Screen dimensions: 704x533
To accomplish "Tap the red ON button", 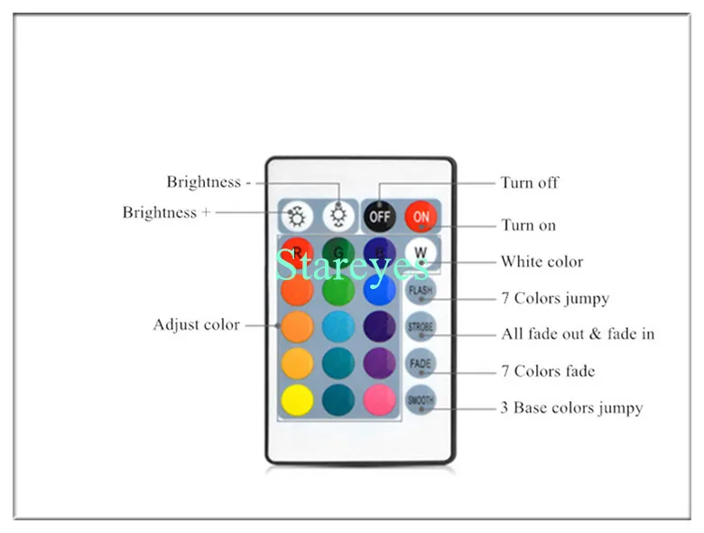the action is [421, 217].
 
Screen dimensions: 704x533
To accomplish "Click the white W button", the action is [421, 252].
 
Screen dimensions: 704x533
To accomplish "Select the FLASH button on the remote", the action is [421, 290].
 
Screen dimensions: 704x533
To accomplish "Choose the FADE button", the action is [421, 363].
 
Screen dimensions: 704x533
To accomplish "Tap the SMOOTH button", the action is [421, 399].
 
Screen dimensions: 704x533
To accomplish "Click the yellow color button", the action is [297, 399].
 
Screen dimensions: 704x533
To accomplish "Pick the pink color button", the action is [379, 399].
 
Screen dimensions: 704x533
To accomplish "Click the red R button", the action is [297, 252].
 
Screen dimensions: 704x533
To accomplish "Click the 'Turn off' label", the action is [530, 182].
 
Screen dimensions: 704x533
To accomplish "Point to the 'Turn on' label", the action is [529, 225].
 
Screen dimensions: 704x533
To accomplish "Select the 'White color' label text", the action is [542, 262].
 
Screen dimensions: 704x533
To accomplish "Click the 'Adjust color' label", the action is [196, 324].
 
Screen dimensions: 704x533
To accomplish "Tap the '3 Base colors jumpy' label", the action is [571, 408].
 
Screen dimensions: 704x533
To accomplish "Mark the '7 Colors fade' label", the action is [548, 371].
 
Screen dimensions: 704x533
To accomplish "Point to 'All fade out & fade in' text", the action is [578, 333].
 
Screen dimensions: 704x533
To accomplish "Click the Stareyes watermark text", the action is [351, 265].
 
